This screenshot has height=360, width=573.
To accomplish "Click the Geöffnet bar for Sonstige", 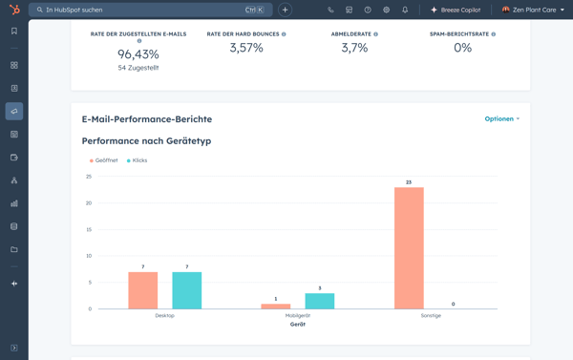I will pyautogui.click(x=408, y=248).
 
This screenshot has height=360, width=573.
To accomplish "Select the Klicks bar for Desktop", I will pyautogui.click(x=186, y=290).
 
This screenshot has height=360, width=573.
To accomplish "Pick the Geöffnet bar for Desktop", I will pyautogui.click(x=142, y=290).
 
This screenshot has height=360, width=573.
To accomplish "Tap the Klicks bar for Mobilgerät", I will pyautogui.click(x=320, y=301).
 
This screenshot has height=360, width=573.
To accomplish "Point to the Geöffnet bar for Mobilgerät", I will pyautogui.click(x=275, y=307).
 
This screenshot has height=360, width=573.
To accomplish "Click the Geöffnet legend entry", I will pyautogui.click(x=104, y=160).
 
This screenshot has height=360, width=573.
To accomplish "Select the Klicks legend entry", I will pyautogui.click(x=137, y=160).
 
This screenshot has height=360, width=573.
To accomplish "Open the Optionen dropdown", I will pyautogui.click(x=501, y=119).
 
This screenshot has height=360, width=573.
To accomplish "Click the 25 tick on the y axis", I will pyautogui.click(x=89, y=177).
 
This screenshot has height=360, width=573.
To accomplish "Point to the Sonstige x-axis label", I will pyautogui.click(x=430, y=316).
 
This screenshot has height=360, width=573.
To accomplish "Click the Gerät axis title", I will pyautogui.click(x=298, y=325).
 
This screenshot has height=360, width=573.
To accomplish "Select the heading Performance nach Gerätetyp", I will pyautogui.click(x=146, y=141).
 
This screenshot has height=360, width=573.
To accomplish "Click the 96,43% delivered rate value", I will pyautogui.click(x=138, y=54).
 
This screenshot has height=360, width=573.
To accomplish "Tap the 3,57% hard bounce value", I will pyautogui.click(x=245, y=48).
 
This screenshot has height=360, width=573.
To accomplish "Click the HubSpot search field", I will pyautogui.click(x=143, y=10).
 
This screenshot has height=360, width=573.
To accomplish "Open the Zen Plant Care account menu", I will pyautogui.click(x=533, y=10).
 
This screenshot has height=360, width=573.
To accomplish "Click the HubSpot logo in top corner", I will pyautogui.click(x=13, y=10).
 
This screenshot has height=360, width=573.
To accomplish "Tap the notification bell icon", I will pyautogui.click(x=405, y=10).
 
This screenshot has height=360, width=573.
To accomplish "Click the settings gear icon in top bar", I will pyautogui.click(x=386, y=10).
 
